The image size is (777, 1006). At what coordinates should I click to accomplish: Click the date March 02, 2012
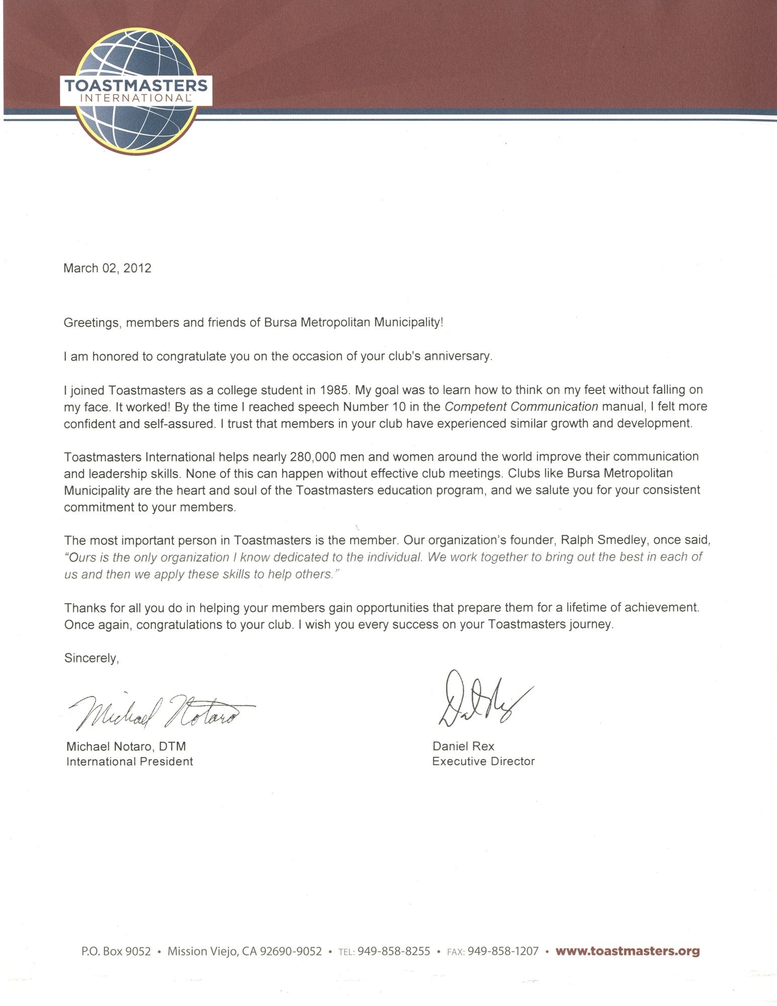click(107, 268)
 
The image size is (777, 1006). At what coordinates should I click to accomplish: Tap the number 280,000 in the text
click(315, 457)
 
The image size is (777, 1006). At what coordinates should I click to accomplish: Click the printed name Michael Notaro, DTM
click(126, 746)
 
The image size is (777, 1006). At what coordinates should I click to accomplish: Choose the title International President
click(129, 762)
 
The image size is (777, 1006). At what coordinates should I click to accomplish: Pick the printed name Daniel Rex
click(463, 746)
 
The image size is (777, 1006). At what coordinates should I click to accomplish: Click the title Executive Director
click(483, 762)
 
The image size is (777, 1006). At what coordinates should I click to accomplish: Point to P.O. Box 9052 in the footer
click(116, 952)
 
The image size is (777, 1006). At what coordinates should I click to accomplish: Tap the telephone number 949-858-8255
click(393, 952)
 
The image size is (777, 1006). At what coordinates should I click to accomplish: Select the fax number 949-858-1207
click(503, 952)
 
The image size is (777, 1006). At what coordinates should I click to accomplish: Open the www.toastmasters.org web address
click(627, 951)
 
